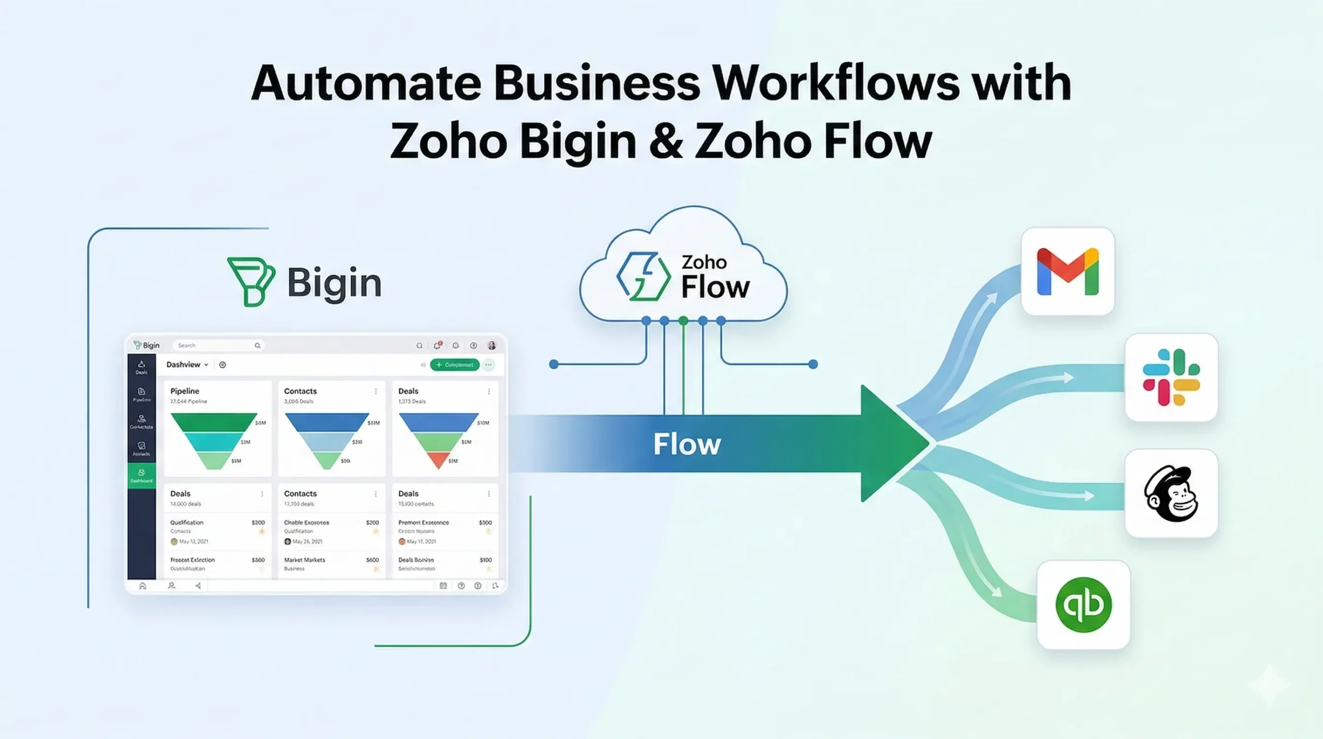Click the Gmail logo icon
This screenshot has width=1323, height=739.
[1068, 272]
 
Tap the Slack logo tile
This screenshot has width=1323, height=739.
[1171, 377]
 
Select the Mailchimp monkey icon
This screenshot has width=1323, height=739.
[1171, 493]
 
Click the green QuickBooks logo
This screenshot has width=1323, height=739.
[1083, 605]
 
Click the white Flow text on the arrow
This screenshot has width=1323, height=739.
[687, 444]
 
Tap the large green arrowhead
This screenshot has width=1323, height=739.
[891, 444]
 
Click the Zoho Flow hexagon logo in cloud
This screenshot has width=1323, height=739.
[643, 277]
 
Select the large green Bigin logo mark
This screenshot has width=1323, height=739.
[251, 281]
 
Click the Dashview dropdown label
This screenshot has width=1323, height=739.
[187, 365]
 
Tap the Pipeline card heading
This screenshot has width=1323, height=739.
[185, 391]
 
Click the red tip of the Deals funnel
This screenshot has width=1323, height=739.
[438, 460]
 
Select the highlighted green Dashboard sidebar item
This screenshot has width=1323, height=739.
[142, 475]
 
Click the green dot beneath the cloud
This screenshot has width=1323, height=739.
[683, 321]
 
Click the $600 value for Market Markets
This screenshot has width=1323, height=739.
[372, 560]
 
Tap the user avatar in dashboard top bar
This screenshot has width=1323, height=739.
[491, 345]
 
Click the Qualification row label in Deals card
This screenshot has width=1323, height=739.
[187, 522]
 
